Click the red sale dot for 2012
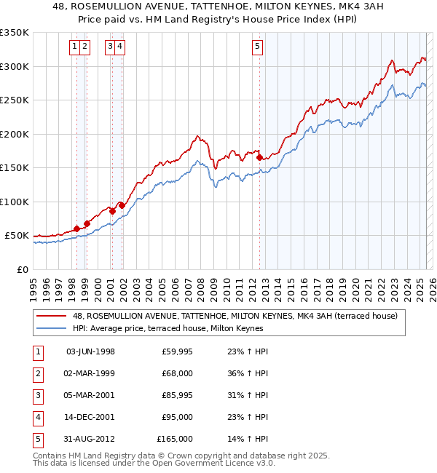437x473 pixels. coord(260,156)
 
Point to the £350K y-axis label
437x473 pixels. coord(15,33)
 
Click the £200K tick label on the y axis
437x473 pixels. coord(15,135)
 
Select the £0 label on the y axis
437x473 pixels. coord(22,270)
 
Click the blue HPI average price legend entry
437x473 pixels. coord(169,329)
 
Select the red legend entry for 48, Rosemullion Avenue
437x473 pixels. coord(235,316)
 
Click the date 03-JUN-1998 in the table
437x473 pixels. coord(90,351)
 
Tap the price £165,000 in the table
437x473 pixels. coord(175,439)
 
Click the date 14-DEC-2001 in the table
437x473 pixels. coord(90,417)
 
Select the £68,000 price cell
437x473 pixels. coord(177,373)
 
